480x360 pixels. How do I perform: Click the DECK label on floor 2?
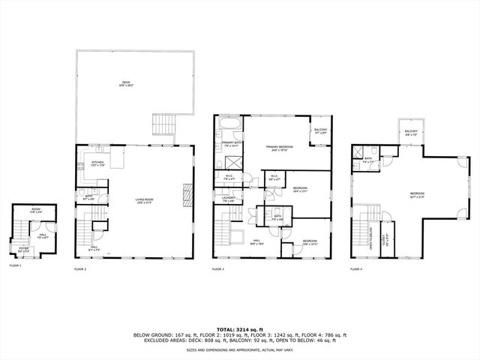pyautogui.click(x=126, y=83)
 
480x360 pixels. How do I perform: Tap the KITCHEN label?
pyautogui.click(x=97, y=163)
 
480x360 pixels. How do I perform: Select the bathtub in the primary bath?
pyautogui.click(x=229, y=122)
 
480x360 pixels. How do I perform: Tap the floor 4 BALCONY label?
pyautogui.click(x=411, y=132)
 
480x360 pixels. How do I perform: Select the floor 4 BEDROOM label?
pyautogui.click(x=417, y=194)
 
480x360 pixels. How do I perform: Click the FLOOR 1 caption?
pyautogui.click(x=16, y=265)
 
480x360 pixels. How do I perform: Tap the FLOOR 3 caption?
pyautogui.click(x=218, y=268)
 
